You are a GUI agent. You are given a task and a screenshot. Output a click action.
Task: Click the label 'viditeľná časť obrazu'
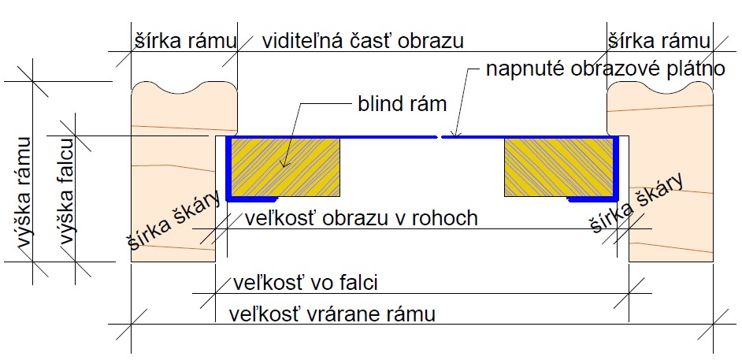click(363, 40)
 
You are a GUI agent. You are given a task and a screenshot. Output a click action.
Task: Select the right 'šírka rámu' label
click(658, 40)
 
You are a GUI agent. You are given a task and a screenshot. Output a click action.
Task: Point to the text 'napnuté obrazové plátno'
click(605, 69)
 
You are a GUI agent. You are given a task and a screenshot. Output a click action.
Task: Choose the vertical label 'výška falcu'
click(66, 201)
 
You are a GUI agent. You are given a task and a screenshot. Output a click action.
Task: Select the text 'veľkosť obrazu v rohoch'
click(362, 217)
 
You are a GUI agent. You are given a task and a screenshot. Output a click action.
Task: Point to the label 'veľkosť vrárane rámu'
click(331, 314)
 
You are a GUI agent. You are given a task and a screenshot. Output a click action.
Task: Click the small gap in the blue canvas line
click(439, 137)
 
